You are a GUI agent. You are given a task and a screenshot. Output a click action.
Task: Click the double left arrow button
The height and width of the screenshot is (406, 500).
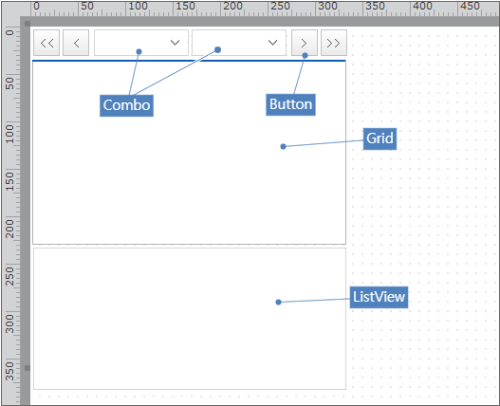(x=46, y=43)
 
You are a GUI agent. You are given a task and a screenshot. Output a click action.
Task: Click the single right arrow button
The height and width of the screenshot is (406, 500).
(x=305, y=43)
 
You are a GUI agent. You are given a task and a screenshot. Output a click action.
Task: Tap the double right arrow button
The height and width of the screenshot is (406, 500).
(x=334, y=43)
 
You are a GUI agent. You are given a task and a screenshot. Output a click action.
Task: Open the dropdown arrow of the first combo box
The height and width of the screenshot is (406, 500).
(x=176, y=43)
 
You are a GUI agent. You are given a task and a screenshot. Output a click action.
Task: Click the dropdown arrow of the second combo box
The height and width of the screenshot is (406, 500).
(x=272, y=43)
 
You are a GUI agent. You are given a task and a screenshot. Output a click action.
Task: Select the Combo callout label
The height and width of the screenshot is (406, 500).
(x=126, y=105)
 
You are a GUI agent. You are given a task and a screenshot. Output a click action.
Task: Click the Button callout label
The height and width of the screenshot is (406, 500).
(x=291, y=104)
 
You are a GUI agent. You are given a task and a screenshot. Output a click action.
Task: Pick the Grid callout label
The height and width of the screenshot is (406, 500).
(x=380, y=138)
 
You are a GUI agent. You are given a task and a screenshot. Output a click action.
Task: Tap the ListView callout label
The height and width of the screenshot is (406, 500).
(x=379, y=297)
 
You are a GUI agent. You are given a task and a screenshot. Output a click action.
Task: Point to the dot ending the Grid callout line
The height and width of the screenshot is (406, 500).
(x=283, y=146)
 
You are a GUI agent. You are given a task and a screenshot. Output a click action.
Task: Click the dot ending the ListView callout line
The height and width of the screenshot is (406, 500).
(x=278, y=302)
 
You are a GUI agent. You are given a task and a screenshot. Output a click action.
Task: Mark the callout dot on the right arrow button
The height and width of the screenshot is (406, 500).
(x=305, y=56)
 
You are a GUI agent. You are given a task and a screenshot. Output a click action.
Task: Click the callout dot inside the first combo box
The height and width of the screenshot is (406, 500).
(x=139, y=51)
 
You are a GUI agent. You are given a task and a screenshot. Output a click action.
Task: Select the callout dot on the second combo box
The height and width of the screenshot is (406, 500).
(x=218, y=49)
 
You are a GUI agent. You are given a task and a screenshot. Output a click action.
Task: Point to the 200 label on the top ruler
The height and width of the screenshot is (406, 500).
(x=232, y=6)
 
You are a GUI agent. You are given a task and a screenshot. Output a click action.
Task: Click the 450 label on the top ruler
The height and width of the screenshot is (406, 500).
(x=471, y=6)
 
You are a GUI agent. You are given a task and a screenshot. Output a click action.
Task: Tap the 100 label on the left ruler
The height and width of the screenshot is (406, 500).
(x=9, y=134)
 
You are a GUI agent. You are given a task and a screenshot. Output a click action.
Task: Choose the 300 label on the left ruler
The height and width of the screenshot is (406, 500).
(x=9, y=323)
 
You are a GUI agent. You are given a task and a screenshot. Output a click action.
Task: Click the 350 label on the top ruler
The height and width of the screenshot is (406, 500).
(x=376, y=6)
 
